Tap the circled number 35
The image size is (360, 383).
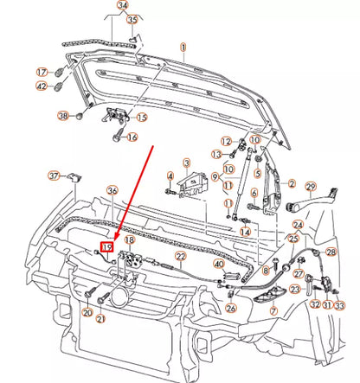click(x=132, y=20)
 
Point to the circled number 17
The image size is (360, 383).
click(x=42, y=73)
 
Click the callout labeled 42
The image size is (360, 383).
click(x=42, y=86)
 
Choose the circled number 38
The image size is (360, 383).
click(x=63, y=116)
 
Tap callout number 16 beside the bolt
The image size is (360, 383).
click(x=132, y=137)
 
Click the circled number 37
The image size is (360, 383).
click(x=55, y=176)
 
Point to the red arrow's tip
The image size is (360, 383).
click(x=108, y=242)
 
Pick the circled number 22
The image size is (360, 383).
click(x=181, y=257)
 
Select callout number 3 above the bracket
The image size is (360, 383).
click(x=185, y=163)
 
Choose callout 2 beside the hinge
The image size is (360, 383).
click(x=292, y=184)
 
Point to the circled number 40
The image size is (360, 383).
click(x=219, y=263)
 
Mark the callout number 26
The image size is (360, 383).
click(x=231, y=307)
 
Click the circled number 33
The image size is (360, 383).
click(x=338, y=305)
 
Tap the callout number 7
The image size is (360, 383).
click(x=273, y=310)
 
